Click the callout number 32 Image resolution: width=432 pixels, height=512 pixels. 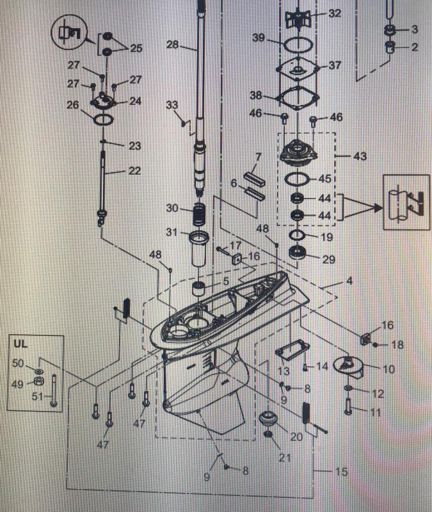[x=335, y=13]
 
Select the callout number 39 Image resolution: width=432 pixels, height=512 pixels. [x=258, y=38]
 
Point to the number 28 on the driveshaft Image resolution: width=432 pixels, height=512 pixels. [x=172, y=44]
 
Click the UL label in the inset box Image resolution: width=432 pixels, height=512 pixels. [x=21, y=344]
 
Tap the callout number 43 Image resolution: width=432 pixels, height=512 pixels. [x=361, y=156]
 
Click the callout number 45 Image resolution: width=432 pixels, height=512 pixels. [x=325, y=179]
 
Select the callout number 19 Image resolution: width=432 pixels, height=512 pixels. [x=326, y=237]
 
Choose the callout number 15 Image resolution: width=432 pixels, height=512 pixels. [x=341, y=472]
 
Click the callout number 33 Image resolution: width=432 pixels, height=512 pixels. [x=172, y=104]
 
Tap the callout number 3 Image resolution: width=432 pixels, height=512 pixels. [x=413, y=29]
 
